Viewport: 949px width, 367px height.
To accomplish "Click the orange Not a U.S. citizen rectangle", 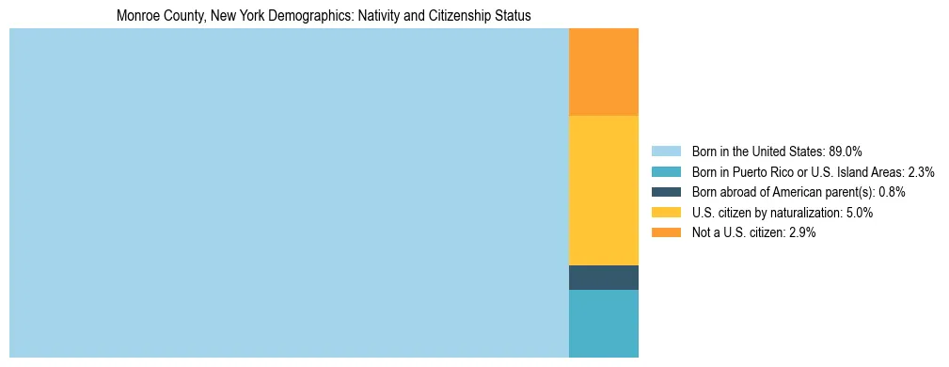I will [603, 72].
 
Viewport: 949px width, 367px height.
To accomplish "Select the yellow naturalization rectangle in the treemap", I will [603, 190].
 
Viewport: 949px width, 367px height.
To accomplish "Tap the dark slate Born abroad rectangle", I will [603, 278].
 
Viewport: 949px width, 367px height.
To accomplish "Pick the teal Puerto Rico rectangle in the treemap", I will [603, 324].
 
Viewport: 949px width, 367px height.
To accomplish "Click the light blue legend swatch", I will [666, 152].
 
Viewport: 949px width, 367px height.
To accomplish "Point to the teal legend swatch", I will [666, 172].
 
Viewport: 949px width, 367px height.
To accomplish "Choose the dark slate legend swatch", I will [666, 192].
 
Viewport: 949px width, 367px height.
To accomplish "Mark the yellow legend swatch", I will [666, 213].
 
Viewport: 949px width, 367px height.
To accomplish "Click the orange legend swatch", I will [666, 232].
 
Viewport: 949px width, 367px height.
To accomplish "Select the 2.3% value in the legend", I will [921, 172].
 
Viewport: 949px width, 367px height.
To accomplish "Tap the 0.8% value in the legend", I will [892, 192].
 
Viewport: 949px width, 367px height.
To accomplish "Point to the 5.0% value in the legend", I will [860, 213].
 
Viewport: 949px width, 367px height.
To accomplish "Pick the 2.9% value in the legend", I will [802, 232].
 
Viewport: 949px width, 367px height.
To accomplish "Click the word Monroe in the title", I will [137, 16].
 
